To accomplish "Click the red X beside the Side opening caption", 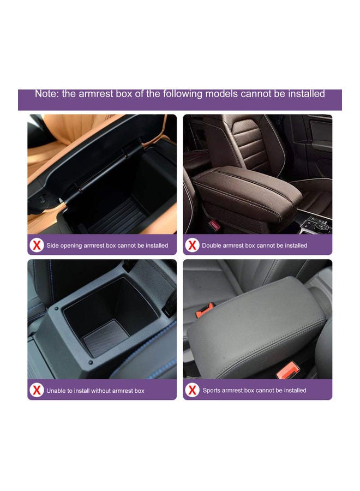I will coord(37,245).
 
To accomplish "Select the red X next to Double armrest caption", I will coord(192,245).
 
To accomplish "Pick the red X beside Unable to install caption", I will coord(37,390).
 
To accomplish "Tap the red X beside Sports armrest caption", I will coord(192,390).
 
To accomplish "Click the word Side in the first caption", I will coord(53,245).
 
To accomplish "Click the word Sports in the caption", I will coord(212,391).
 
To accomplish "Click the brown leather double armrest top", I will coord(245,188).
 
